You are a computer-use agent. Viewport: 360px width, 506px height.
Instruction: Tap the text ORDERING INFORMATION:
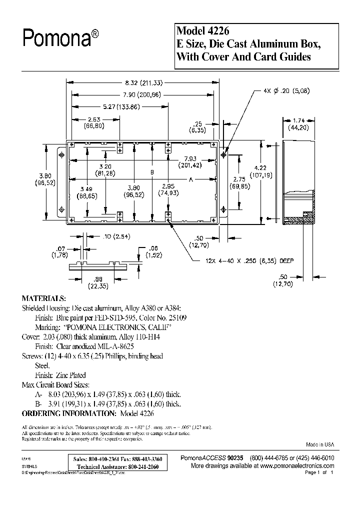[x=68, y=413]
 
